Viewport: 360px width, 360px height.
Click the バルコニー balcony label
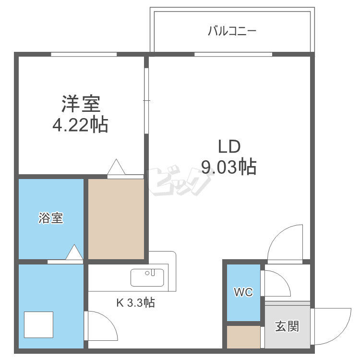[x=232, y=31]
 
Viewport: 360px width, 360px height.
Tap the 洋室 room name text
[x=81, y=104]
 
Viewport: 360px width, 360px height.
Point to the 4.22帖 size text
[x=80, y=125]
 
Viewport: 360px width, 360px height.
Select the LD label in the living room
[x=229, y=147]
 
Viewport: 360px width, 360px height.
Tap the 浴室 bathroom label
[x=50, y=218]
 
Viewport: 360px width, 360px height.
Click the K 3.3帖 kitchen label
[x=135, y=302]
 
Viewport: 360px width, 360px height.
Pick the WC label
[x=243, y=292]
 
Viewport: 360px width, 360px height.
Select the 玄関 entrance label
[x=287, y=326]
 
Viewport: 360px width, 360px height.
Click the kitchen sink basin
[x=147, y=277]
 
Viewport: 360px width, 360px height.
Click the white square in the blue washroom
[x=38, y=324]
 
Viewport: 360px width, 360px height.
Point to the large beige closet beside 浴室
[x=116, y=219]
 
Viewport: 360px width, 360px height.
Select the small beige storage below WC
[x=243, y=337]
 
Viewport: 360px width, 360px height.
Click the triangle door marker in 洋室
[x=116, y=167]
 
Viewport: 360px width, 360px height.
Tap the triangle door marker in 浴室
[x=74, y=252]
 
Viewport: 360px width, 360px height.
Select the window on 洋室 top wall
[x=84, y=54]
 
